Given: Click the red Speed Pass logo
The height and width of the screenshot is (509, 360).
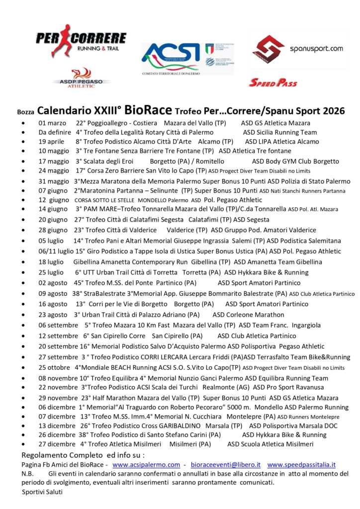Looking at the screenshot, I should click(x=272, y=83).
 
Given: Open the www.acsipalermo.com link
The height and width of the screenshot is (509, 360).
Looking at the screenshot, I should click(x=146, y=465).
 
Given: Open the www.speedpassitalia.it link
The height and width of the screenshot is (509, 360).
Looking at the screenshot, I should click(x=302, y=465).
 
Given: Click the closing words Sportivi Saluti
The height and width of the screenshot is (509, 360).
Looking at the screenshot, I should click(x=42, y=492).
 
